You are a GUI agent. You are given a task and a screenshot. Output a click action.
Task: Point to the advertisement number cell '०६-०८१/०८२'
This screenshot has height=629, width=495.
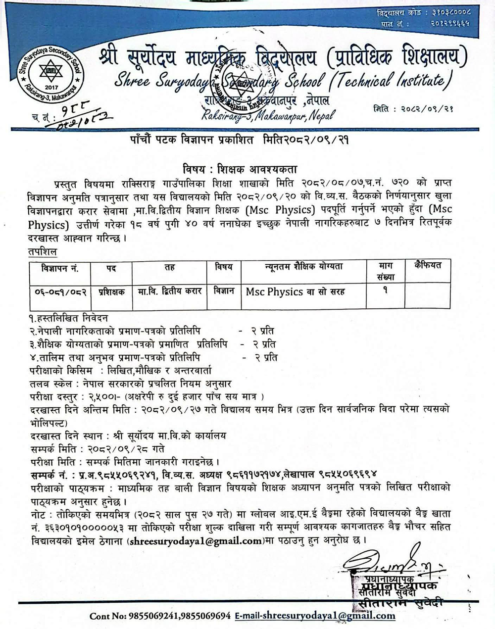point(60,291)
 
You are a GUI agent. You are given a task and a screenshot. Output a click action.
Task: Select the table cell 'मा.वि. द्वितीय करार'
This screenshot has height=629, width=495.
point(170,291)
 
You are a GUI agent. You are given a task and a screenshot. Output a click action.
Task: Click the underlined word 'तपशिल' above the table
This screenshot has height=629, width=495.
point(42,252)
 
